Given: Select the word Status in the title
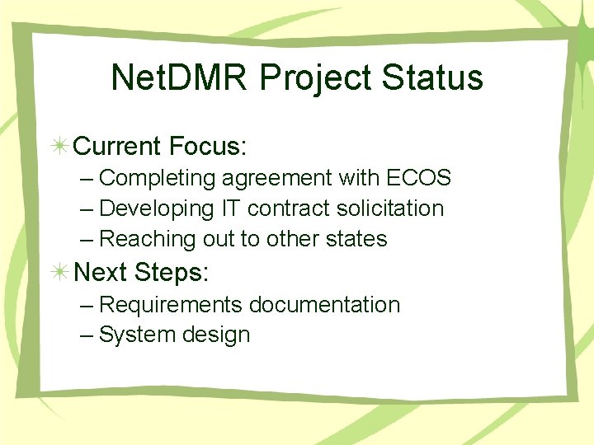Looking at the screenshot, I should pyautogui.click(x=437, y=77).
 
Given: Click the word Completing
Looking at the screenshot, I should pyautogui.click(x=157, y=178).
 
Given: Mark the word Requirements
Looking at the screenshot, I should pyautogui.click(x=171, y=305).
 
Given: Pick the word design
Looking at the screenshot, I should pyautogui.click(x=217, y=335).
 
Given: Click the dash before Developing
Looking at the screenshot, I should pyautogui.click(x=87, y=208).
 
